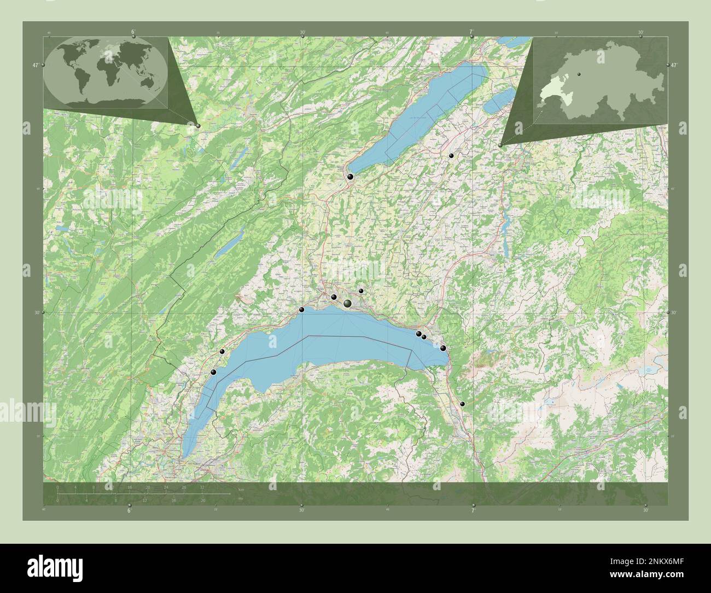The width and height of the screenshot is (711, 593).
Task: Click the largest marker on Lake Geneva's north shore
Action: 347,303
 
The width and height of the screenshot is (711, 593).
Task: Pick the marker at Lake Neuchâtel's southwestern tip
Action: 349,177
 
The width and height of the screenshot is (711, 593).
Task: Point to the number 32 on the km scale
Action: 202,487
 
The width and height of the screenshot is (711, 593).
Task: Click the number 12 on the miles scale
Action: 144,500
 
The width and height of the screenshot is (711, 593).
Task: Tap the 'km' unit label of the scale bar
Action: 241,489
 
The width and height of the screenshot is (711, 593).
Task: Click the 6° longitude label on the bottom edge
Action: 129,510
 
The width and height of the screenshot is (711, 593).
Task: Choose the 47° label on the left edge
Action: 35,65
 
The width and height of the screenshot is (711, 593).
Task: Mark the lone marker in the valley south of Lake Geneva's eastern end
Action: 462,404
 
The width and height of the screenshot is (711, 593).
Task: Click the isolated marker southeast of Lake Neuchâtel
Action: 451,156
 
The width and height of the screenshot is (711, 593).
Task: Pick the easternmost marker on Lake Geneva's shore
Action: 443,348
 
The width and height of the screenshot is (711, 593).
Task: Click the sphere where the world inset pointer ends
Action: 198,125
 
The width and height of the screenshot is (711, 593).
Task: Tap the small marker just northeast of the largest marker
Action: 361,291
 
